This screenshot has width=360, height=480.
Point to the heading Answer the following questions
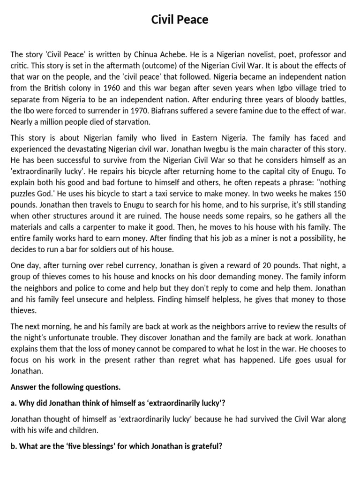coord(65,387)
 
